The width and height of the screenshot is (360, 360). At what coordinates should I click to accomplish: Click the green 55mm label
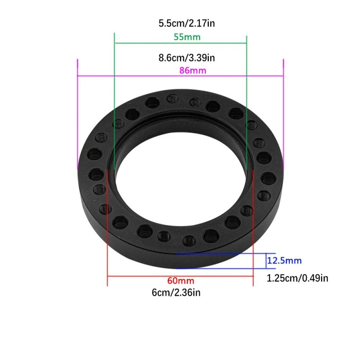click(187, 37)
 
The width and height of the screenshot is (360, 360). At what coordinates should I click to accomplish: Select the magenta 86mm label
click(193, 70)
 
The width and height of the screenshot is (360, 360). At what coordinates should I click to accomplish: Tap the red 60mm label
click(180, 280)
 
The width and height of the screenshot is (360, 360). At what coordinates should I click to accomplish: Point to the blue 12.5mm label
click(284, 261)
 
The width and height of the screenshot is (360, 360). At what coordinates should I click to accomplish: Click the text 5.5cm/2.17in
click(187, 23)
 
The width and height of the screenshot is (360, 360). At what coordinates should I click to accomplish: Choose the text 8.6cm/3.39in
click(187, 58)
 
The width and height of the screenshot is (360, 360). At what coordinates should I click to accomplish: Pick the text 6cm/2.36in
click(176, 292)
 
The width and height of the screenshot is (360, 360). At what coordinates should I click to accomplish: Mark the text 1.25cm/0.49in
click(297, 278)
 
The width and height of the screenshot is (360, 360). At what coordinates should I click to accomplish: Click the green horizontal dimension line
click(180, 43)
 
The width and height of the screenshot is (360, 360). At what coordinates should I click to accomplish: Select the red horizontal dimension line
click(180, 276)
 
